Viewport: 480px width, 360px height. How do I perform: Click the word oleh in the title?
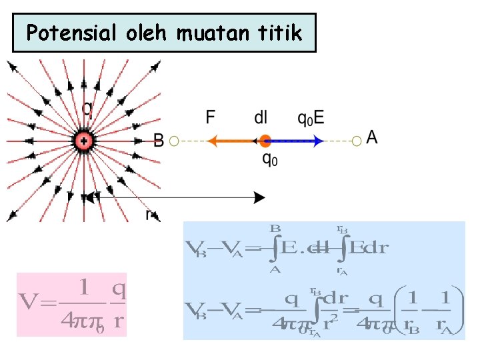(143, 33)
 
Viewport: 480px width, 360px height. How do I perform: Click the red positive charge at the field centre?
(84, 141)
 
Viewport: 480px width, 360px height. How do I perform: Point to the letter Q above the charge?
(87, 108)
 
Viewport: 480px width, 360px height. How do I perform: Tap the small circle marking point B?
(175, 141)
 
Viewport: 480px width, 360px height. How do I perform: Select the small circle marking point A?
(357, 140)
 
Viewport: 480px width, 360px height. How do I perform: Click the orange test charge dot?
(265, 141)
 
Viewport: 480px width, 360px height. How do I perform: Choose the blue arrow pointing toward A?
(297, 141)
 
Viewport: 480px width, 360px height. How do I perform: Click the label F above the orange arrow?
(211, 118)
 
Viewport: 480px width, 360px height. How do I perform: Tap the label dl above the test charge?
(261, 117)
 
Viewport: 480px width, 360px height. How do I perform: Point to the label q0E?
(311, 118)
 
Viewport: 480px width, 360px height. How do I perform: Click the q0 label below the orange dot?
(268, 160)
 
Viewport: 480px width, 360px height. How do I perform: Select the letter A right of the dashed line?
(372, 137)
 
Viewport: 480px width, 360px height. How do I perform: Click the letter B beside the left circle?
(159, 140)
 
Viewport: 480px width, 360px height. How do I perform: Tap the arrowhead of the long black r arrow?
(260, 197)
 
